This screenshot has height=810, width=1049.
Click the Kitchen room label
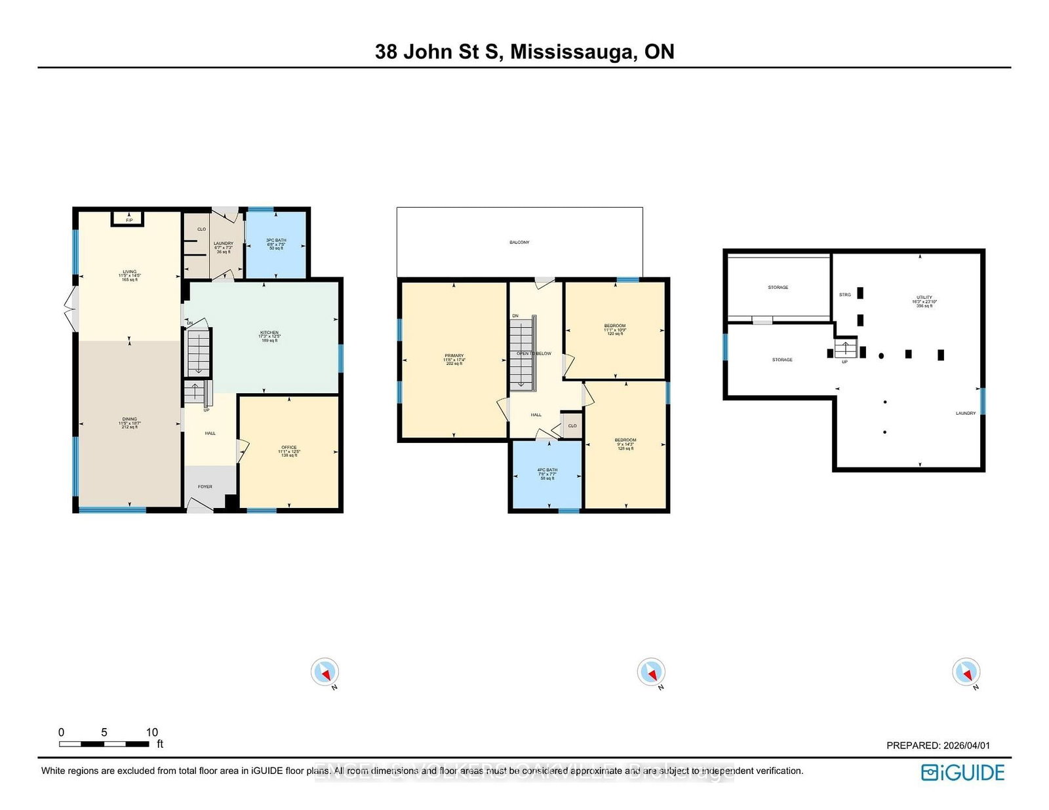(x=269, y=336)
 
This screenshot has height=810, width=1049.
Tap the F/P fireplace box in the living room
(x=129, y=219)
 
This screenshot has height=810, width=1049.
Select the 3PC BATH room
(x=276, y=244)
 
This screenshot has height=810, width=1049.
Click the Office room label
(x=289, y=450)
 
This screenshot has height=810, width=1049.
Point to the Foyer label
(x=205, y=486)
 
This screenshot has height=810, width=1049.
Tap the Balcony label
(x=519, y=242)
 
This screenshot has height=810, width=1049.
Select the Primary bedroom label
(x=454, y=359)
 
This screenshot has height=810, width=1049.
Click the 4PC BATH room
(x=547, y=473)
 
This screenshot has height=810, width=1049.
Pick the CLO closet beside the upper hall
(x=572, y=426)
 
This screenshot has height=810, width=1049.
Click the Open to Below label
(x=534, y=353)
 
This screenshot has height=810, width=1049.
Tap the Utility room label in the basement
(x=924, y=301)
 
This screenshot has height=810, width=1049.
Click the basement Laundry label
(x=965, y=413)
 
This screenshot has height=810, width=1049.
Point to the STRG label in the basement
(x=844, y=295)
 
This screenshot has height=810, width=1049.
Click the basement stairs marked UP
(x=845, y=349)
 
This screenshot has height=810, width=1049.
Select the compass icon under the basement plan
(x=966, y=672)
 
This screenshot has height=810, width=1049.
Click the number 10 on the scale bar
(x=151, y=732)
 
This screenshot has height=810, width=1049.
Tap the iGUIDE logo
(x=962, y=773)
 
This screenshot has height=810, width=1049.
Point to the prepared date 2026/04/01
(x=966, y=745)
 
